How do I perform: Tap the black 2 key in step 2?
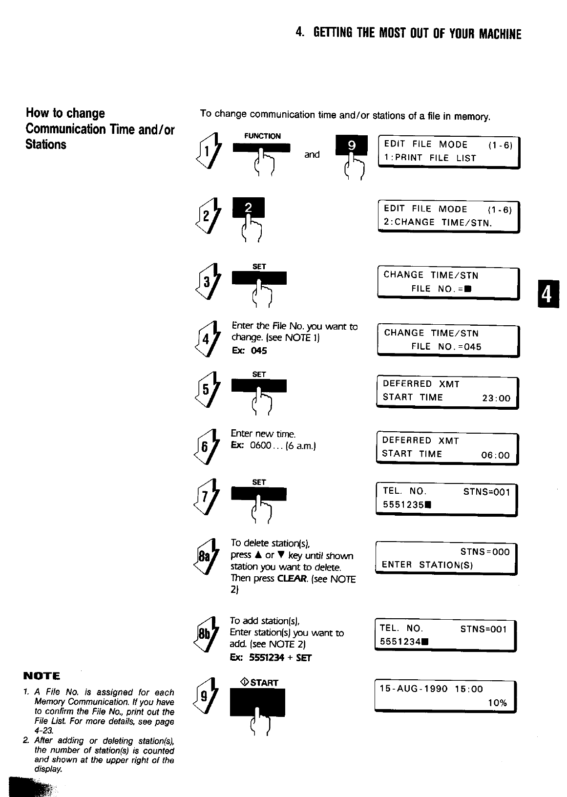(248, 208)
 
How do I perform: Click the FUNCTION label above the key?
(262, 136)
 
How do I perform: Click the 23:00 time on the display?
(496, 398)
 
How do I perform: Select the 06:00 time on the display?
(495, 456)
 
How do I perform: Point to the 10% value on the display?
(497, 703)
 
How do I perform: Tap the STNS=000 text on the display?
(484, 552)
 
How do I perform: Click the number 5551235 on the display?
(403, 505)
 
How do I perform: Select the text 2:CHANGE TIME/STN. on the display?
(437, 223)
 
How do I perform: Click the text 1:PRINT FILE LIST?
(430, 158)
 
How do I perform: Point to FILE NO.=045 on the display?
(446, 347)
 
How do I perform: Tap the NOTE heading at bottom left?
(42, 676)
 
